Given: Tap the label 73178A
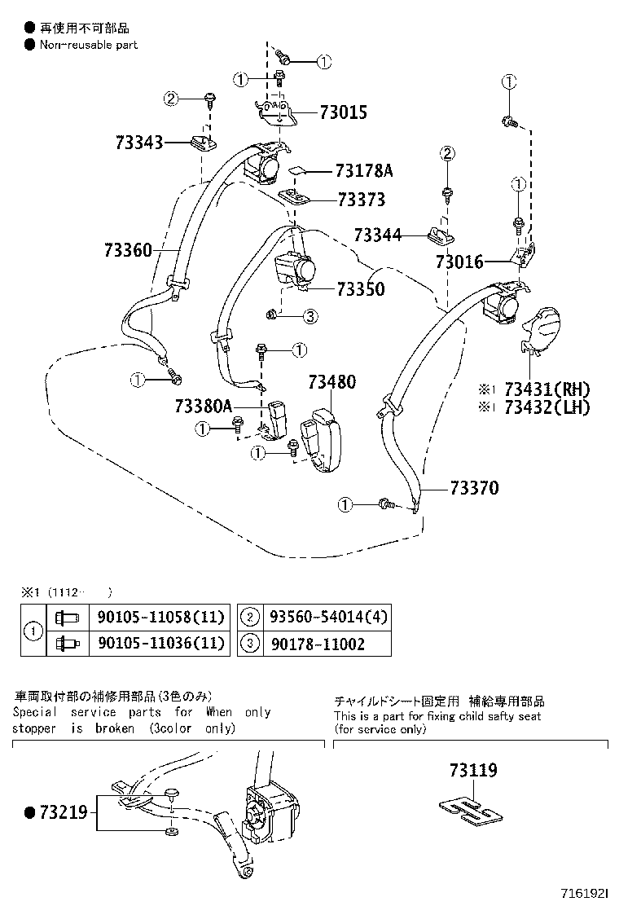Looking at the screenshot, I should tap(364, 171).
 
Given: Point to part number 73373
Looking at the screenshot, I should tap(361, 200).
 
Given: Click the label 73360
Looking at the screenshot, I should tap(128, 250).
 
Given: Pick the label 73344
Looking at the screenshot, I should tap(378, 235).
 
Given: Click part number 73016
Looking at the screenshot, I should tap(459, 262).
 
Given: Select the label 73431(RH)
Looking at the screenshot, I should tap(547, 389).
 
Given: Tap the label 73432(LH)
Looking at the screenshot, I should tap(547, 407).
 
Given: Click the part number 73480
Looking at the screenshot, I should tap(331, 381).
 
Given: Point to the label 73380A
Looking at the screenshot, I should tap(203, 406).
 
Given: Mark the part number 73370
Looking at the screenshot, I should tap(474, 488).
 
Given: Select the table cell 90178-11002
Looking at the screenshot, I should tap(312, 644).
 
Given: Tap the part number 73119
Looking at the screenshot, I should tap(472, 770).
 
